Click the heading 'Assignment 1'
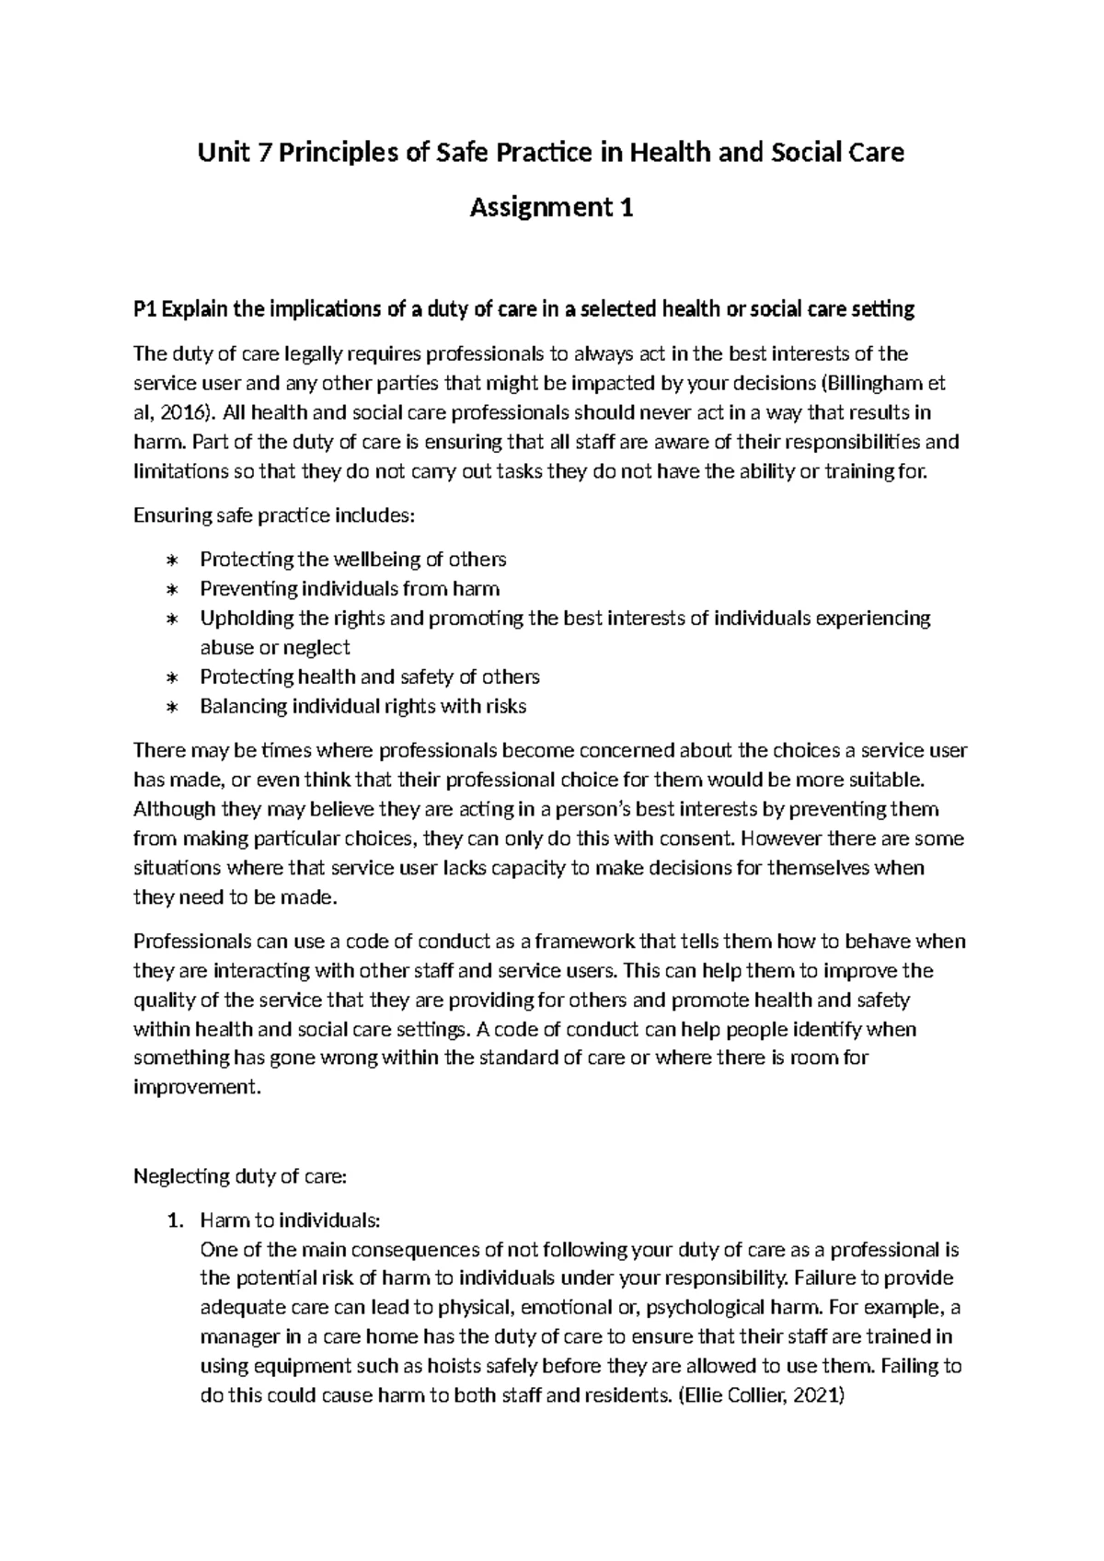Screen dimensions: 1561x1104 [551, 209]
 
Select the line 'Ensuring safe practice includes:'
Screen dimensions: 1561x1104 [274, 515]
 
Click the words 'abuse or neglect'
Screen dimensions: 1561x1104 [274, 648]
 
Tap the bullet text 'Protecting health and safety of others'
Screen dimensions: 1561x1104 [369, 677]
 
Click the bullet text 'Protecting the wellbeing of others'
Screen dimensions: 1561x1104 [352, 560]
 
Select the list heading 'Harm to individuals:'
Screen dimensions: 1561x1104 [289, 1220]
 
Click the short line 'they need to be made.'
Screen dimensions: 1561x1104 [236, 897]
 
